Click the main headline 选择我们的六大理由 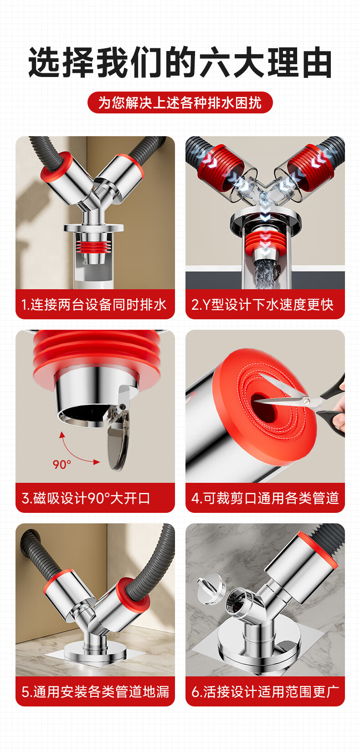[x=180, y=63]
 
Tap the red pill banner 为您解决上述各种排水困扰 [x=180, y=102]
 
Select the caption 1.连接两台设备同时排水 [x=94, y=305]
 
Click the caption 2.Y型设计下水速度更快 [x=262, y=305]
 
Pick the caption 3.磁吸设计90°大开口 [x=86, y=498]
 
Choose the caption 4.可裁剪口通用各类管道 [x=265, y=498]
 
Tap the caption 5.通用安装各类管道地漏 [x=95, y=691]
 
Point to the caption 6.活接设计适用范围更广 [x=265, y=691]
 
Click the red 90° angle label [x=62, y=465]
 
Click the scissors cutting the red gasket [x=302, y=401]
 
